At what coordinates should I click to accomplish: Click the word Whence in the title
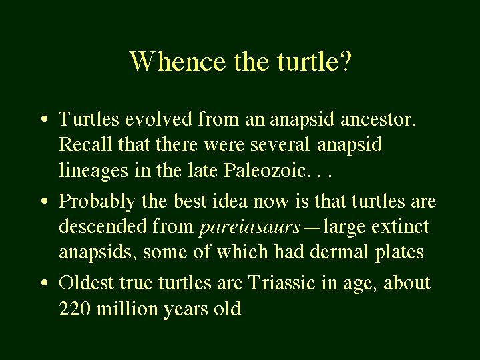(178, 61)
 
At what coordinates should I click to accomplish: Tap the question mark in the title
(345, 61)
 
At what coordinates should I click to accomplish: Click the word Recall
(85, 144)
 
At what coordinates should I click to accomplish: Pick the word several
(280, 144)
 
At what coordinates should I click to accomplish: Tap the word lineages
(93, 171)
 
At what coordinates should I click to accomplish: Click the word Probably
(97, 202)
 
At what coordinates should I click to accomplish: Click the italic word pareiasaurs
(250, 228)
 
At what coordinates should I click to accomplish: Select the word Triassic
(282, 282)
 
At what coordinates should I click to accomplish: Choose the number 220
(74, 308)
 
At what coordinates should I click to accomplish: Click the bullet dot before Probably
(44, 201)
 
